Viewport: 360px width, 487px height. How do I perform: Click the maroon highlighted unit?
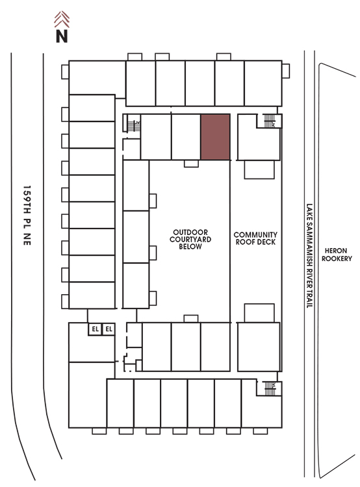(x=215, y=137)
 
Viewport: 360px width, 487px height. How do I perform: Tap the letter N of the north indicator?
(x=62, y=36)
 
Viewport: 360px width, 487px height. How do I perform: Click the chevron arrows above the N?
(x=62, y=19)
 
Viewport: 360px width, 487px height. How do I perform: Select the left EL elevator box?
(x=95, y=329)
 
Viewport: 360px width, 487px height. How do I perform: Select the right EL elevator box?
(x=109, y=329)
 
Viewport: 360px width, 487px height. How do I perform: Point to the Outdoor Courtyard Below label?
(x=190, y=239)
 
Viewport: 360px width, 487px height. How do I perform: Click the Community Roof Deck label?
(x=255, y=238)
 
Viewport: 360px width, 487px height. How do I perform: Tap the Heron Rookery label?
(x=337, y=255)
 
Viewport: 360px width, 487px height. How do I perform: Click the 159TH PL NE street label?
(x=27, y=216)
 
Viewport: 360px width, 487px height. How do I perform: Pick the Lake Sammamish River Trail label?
(x=309, y=256)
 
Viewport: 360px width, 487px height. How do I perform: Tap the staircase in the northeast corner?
(x=270, y=121)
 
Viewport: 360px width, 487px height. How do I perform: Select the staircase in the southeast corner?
(x=270, y=388)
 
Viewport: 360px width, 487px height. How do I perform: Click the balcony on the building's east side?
(x=286, y=71)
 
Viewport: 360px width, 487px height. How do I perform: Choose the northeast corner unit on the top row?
(x=263, y=83)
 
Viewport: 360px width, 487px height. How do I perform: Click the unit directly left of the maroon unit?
(x=186, y=137)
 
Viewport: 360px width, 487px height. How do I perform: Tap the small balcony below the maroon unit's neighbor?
(x=191, y=164)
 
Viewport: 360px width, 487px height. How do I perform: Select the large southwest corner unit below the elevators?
(x=88, y=395)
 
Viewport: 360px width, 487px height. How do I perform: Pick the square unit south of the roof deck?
(x=259, y=347)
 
